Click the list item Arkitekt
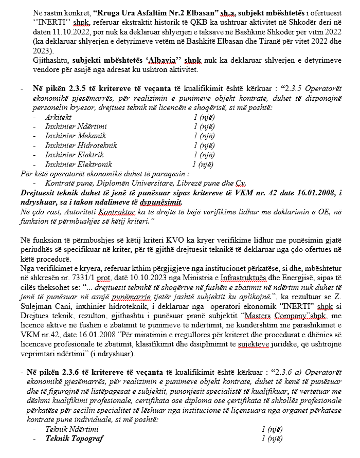tap(58, 117)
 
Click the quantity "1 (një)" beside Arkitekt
tap(204, 117)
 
